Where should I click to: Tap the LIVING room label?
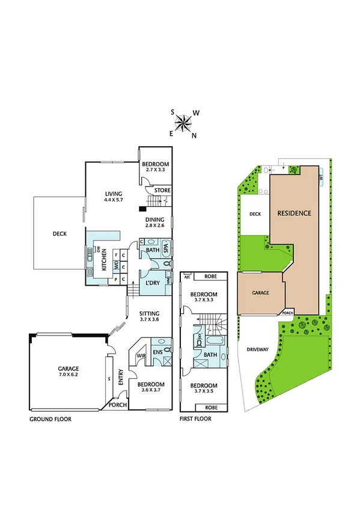114,196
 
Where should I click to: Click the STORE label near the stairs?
162,191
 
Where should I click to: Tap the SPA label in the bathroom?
166,248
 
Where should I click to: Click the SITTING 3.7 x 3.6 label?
149,316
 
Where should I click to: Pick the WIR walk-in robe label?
142,357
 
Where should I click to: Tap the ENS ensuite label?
159,352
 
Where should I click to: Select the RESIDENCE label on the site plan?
294,213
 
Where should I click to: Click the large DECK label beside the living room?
59,234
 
